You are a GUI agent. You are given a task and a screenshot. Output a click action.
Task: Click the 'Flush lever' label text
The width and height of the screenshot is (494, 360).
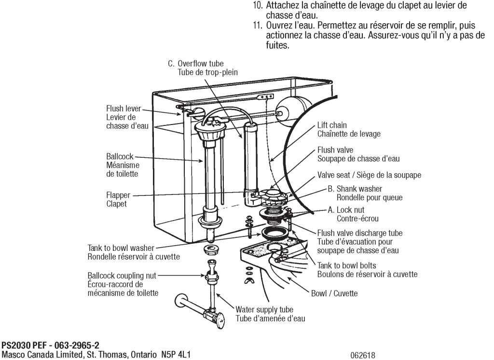pyautogui.click(x=123, y=109)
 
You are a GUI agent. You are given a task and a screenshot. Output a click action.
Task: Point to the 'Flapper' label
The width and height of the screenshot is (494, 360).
pyautogui.click(x=118, y=195)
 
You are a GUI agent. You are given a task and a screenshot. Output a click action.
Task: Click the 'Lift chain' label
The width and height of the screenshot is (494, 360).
pyautogui.click(x=332, y=125)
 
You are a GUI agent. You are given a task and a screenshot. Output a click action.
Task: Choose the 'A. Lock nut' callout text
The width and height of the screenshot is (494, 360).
pyautogui.click(x=346, y=210)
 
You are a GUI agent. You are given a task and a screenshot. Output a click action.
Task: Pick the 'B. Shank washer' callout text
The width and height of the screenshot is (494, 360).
pyautogui.click(x=355, y=189)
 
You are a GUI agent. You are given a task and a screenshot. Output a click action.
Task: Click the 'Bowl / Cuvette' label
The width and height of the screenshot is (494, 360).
pyautogui.click(x=334, y=293)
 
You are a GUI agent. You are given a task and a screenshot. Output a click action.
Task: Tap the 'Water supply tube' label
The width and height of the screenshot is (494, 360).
pyautogui.click(x=264, y=309)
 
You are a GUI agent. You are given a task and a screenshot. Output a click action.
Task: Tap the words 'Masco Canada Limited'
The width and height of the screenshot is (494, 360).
pyautogui.click(x=39, y=355)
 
